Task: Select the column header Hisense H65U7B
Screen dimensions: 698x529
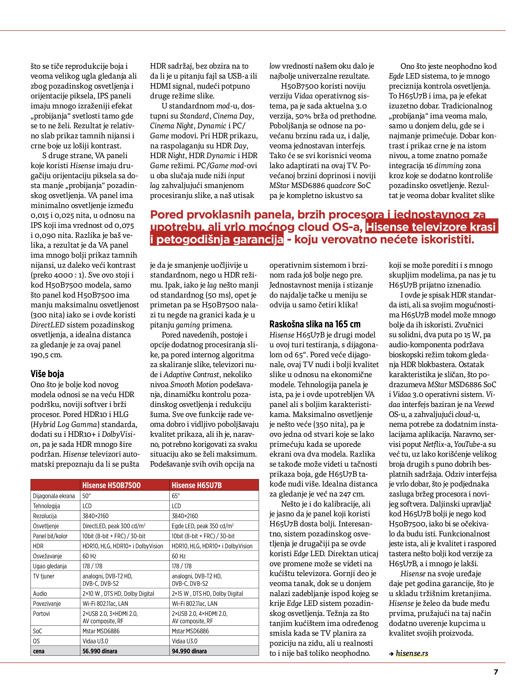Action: (x=196, y=485)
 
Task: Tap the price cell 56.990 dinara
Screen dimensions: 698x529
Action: (x=100, y=651)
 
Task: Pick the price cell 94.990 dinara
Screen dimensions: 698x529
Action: (x=189, y=651)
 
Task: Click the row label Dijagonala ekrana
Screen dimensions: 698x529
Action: (x=54, y=496)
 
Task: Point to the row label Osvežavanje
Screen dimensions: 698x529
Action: (x=47, y=556)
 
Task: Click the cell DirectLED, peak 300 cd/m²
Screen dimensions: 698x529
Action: (x=114, y=526)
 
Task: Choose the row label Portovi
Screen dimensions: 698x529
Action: (x=41, y=614)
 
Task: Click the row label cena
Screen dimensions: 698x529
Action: (x=38, y=651)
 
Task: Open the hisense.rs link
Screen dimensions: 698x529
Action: (x=412, y=653)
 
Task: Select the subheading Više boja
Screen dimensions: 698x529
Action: (x=47, y=374)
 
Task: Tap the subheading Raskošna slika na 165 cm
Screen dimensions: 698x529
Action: (x=315, y=324)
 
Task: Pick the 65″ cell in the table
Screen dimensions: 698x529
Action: (x=176, y=496)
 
